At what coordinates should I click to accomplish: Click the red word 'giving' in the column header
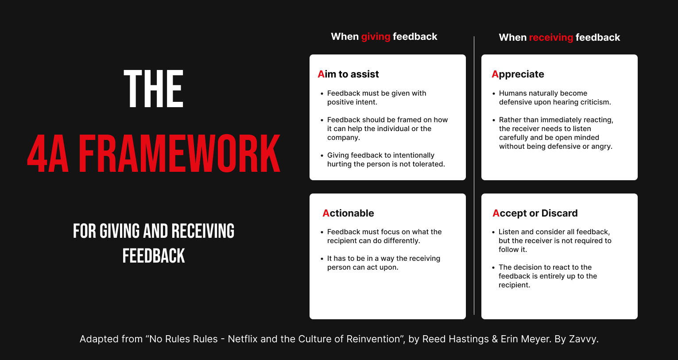(376, 37)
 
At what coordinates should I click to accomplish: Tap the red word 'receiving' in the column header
(551, 38)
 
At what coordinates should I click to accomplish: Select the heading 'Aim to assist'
(348, 74)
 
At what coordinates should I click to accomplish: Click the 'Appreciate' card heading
(518, 74)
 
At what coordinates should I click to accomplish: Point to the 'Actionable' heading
(348, 213)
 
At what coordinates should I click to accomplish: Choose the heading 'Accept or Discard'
(535, 213)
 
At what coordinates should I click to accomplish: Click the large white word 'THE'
(154, 89)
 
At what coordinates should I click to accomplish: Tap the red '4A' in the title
(48, 154)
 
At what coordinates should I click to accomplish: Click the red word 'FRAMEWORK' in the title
(179, 154)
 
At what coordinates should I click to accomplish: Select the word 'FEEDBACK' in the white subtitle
(154, 256)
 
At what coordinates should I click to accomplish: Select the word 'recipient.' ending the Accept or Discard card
(514, 285)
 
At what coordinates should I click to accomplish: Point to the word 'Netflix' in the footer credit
(243, 339)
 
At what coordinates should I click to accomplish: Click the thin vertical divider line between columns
(474, 176)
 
